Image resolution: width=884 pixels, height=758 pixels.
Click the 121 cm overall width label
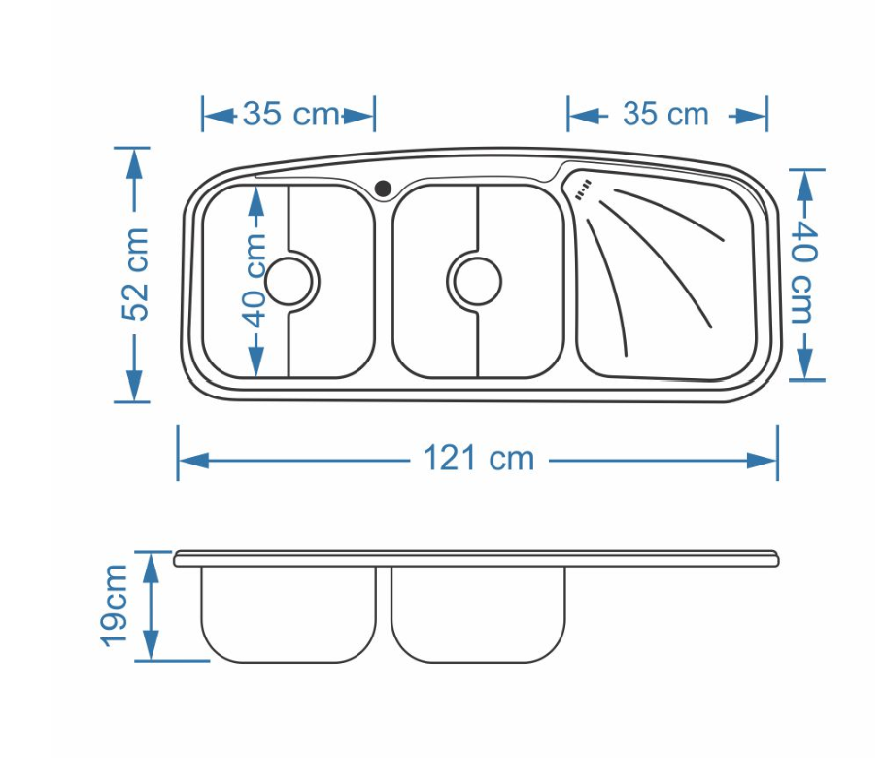pos(478,458)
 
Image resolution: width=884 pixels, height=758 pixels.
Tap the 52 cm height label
pos(135,274)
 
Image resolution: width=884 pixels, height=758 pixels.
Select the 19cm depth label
pos(114,605)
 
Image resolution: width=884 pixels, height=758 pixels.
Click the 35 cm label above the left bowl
pos(290,114)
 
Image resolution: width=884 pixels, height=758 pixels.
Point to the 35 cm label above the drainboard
pos(665,114)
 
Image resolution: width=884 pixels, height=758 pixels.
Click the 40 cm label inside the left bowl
pos(255,280)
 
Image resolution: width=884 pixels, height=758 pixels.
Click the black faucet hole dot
pos(383,188)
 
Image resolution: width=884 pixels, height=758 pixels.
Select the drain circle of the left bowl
pos(289,282)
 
